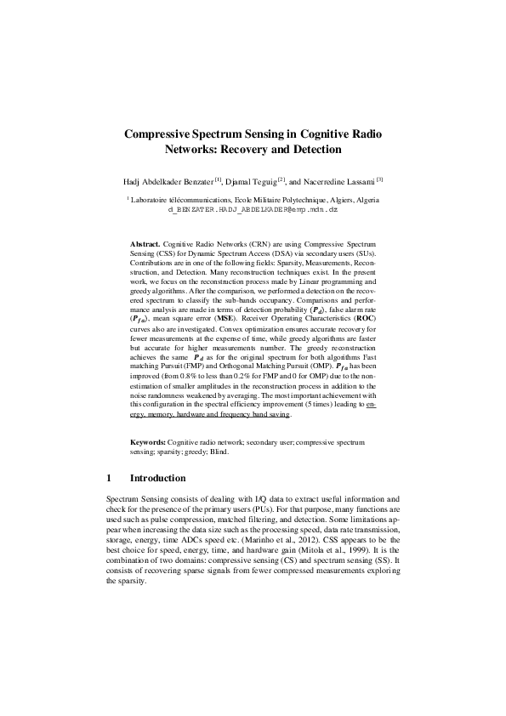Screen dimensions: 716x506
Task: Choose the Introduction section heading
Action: point(162,478)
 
